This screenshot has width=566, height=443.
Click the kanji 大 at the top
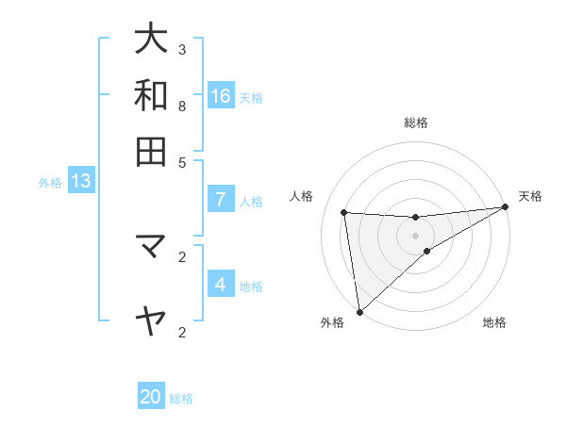pos(151,40)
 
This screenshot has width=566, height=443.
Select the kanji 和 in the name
pos(151,95)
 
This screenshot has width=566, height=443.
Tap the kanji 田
pos(151,151)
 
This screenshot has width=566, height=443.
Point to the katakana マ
pos(151,247)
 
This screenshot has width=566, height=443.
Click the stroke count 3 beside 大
pos(182,49)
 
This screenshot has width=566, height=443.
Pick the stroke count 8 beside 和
pos(182,106)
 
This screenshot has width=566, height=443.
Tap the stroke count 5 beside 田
pos(182,161)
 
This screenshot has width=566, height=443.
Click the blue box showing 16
pos(221,95)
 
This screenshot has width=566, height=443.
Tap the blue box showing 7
pos(221,200)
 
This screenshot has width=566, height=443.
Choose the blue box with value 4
pos(221,285)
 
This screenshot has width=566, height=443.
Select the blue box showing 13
pos(80,181)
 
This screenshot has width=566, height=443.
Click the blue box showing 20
pos(151,397)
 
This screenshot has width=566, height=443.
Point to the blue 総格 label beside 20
pos(181,399)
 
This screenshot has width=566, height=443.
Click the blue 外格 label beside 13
pos(50,183)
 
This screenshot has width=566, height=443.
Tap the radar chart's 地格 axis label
pos(494,322)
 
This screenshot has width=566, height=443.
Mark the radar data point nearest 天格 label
pos(505,207)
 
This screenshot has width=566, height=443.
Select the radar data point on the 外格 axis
pos(359,311)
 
